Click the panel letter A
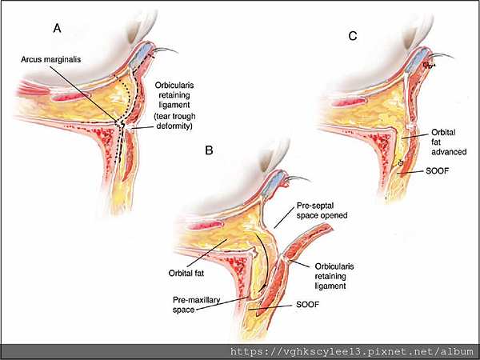coord(57,28)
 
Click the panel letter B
coord(209,150)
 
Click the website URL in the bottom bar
coord(351,351)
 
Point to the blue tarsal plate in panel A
coord(141,54)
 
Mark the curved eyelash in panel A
coord(164,56)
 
